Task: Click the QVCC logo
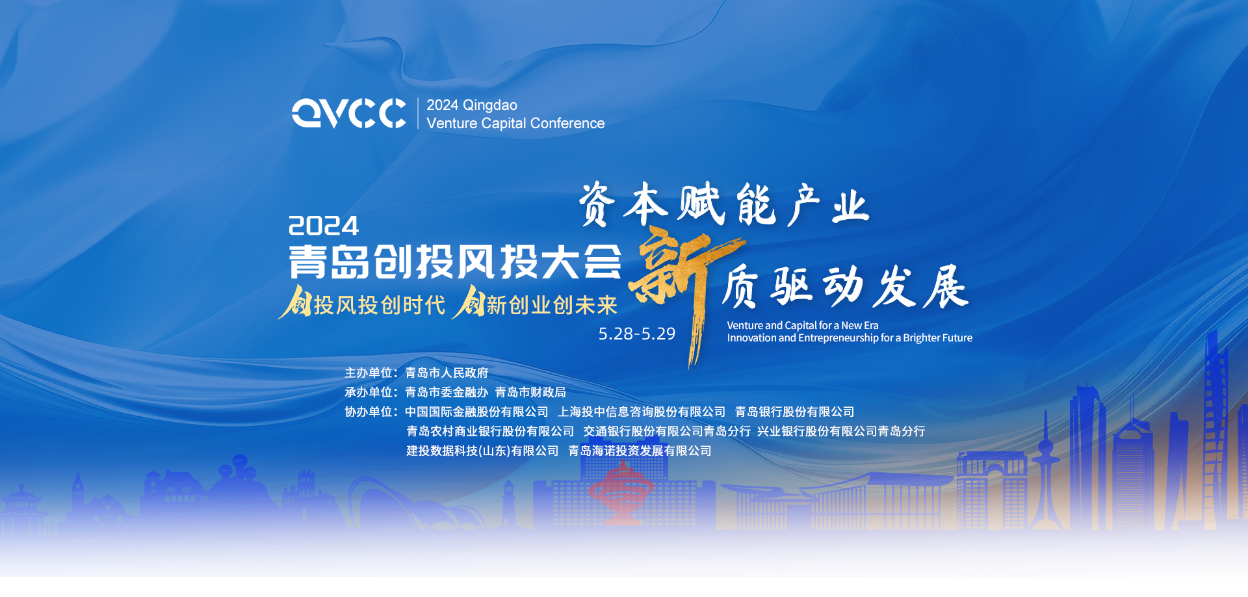[x=349, y=113]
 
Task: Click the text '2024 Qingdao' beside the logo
[x=472, y=105]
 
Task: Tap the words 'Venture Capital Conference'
[x=515, y=124]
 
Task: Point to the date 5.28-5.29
[x=637, y=334]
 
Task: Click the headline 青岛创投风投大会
[x=455, y=262]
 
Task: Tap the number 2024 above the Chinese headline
[x=323, y=226]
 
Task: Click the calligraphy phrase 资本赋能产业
[x=723, y=205]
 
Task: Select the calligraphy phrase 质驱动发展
[x=845, y=287]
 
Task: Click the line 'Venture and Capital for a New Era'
[x=803, y=325]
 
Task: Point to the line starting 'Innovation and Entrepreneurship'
[x=850, y=338]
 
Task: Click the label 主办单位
[x=369, y=373]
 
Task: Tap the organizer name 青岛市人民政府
[x=447, y=373]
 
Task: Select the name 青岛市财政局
[x=530, y=392]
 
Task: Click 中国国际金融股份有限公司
[x=476, y=412]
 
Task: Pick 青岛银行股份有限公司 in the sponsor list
[x=794, y=412]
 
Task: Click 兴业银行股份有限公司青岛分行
[x=841, y=431]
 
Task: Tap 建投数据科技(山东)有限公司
[x=482, y=451]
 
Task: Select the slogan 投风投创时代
[x=380, y=305]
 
